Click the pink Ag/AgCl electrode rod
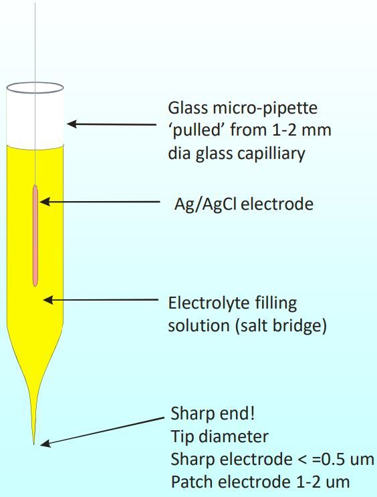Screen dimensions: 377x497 click(35, 236)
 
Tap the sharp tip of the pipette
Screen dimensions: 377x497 click(34, 444)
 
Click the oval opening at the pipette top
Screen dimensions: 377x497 click(35, 88)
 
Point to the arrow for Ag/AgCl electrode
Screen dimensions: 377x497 click(100, 202)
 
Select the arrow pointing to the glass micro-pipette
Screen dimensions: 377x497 click(112, 124)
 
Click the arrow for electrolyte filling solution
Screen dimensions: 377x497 click(100, 299)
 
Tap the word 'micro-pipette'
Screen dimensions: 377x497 click(265, 108)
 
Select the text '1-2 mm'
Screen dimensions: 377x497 click(301, 130)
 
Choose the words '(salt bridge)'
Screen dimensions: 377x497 click(281, 326)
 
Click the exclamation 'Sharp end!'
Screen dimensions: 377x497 click(213, 413)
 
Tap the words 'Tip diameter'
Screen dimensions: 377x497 click(220, 436)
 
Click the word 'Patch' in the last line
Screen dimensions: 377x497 click(193, 482)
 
